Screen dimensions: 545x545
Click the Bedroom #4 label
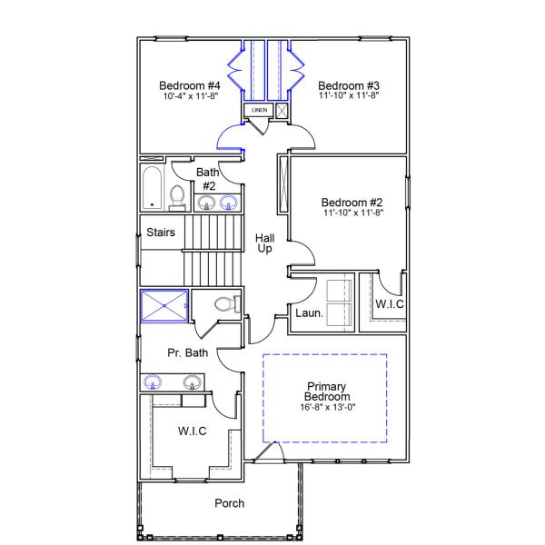tap(189, 83)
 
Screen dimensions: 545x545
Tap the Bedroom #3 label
tap(348, 83)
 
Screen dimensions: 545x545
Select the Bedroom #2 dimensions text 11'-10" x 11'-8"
tap(352, 213)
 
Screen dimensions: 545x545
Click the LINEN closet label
tap(259, 111)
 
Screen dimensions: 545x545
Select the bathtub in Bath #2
tap(152, 187)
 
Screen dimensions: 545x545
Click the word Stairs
tap(161, 233)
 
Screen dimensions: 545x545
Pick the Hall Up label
tap(265, 243)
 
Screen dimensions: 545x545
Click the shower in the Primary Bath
tap(164, 305)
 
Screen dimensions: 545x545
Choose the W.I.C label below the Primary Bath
tap(193, 431)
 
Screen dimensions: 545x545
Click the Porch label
tap(229, 503)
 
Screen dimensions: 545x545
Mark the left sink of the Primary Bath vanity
tap(154, 381)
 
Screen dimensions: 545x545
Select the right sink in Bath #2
tap(230, 202)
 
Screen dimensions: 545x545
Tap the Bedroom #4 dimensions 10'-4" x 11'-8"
tap(189, 94)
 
